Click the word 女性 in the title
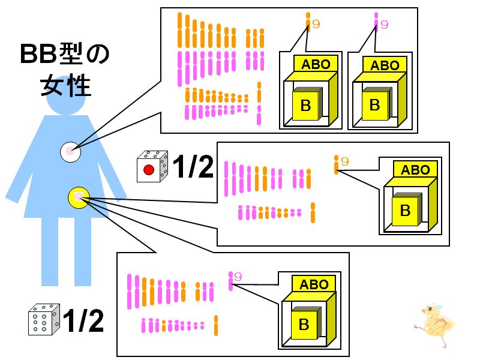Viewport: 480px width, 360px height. coord(66,86)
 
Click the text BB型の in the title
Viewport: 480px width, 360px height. coord(65,54)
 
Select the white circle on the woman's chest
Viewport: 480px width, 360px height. coord(70,152)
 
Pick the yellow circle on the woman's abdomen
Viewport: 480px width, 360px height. coord(79,197)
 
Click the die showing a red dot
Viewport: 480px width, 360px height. coord(152,166)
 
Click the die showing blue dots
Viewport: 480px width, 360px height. coord(44,319)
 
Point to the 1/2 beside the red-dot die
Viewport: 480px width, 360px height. coord(193,166)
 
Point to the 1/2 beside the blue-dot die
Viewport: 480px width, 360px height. coord(83,320)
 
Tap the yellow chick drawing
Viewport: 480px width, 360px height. coord(434,325)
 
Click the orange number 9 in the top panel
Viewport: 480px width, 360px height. coord(316,24)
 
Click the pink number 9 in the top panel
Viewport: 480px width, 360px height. coord(384,25)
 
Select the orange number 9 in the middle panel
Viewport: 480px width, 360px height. coord(344,161)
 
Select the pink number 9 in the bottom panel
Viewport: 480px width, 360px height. coord(238,277)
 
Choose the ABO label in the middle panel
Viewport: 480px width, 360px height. coord(415,170)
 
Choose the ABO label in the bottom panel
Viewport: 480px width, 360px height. coord(314,284)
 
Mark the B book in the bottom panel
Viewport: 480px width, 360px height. coord(305,323)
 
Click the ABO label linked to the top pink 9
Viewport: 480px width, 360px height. coord(385,65)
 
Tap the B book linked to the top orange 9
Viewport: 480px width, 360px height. coord(307,104)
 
